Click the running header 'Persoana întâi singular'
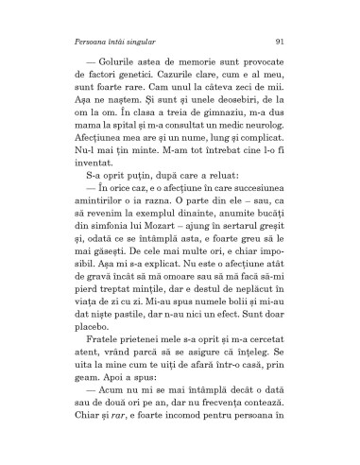111,41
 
